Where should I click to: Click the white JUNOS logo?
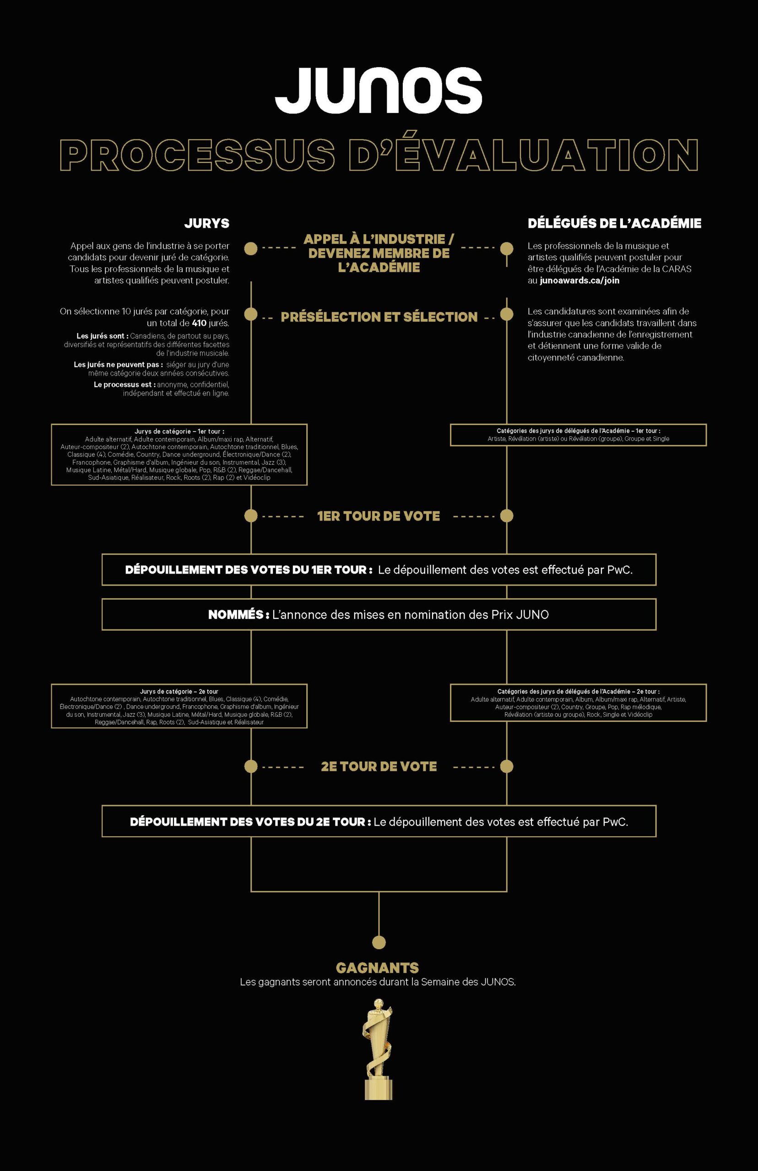(378, 90)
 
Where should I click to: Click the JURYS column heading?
(207, 223)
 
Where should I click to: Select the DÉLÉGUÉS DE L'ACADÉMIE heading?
(614, 223)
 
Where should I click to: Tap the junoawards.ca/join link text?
(579, 280)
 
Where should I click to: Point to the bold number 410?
(200, 323)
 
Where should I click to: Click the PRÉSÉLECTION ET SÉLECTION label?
(379, 317)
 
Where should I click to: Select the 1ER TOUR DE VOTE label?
(379, 516)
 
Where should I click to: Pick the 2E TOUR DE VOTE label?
(379, 766)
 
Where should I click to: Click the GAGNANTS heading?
(378, 968)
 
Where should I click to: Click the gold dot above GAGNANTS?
(379, 942)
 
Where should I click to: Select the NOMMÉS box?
(379, 614)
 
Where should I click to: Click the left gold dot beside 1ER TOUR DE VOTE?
(251, 516)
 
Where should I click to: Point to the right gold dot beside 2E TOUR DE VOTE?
(507, 766)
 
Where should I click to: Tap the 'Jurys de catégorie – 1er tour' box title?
(179, 431)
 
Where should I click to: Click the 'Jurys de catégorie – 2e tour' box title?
(179, 692)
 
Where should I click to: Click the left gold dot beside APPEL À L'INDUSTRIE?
(251, 248)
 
